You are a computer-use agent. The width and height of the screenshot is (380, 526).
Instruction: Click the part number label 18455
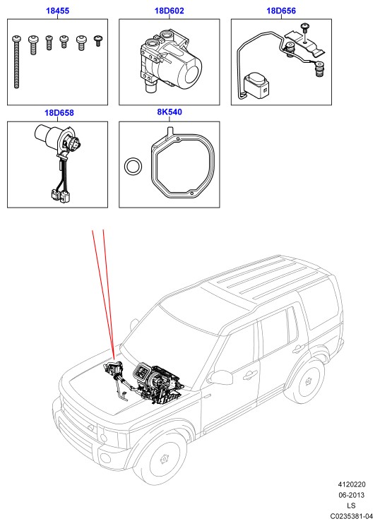pos(57,11)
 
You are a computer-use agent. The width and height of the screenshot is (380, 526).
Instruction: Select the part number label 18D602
pos(170,11)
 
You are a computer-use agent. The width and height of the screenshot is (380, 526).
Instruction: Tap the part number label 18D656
pos(281,11)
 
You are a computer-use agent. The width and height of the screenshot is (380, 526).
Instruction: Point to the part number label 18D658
pos(59,113)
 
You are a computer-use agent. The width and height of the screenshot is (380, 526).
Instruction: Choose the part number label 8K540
pos(170,112)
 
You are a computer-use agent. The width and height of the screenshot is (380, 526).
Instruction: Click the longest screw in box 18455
pos(16,62)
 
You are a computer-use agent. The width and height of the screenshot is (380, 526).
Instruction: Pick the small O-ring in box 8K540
pos(133,166)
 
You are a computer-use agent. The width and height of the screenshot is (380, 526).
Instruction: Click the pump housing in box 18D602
pos(170,64)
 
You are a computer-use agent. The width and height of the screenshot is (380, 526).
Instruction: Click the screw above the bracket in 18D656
pos(305,28)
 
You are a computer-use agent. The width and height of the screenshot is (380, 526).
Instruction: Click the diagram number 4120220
pos(352,484)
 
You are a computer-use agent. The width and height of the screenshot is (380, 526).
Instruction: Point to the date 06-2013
pos(352,495)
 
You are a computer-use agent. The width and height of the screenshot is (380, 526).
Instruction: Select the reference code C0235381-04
pos(352,516)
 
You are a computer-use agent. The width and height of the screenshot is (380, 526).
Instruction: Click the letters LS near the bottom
pos(351,506)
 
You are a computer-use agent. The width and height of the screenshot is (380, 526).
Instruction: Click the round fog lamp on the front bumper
pos(106,458)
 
